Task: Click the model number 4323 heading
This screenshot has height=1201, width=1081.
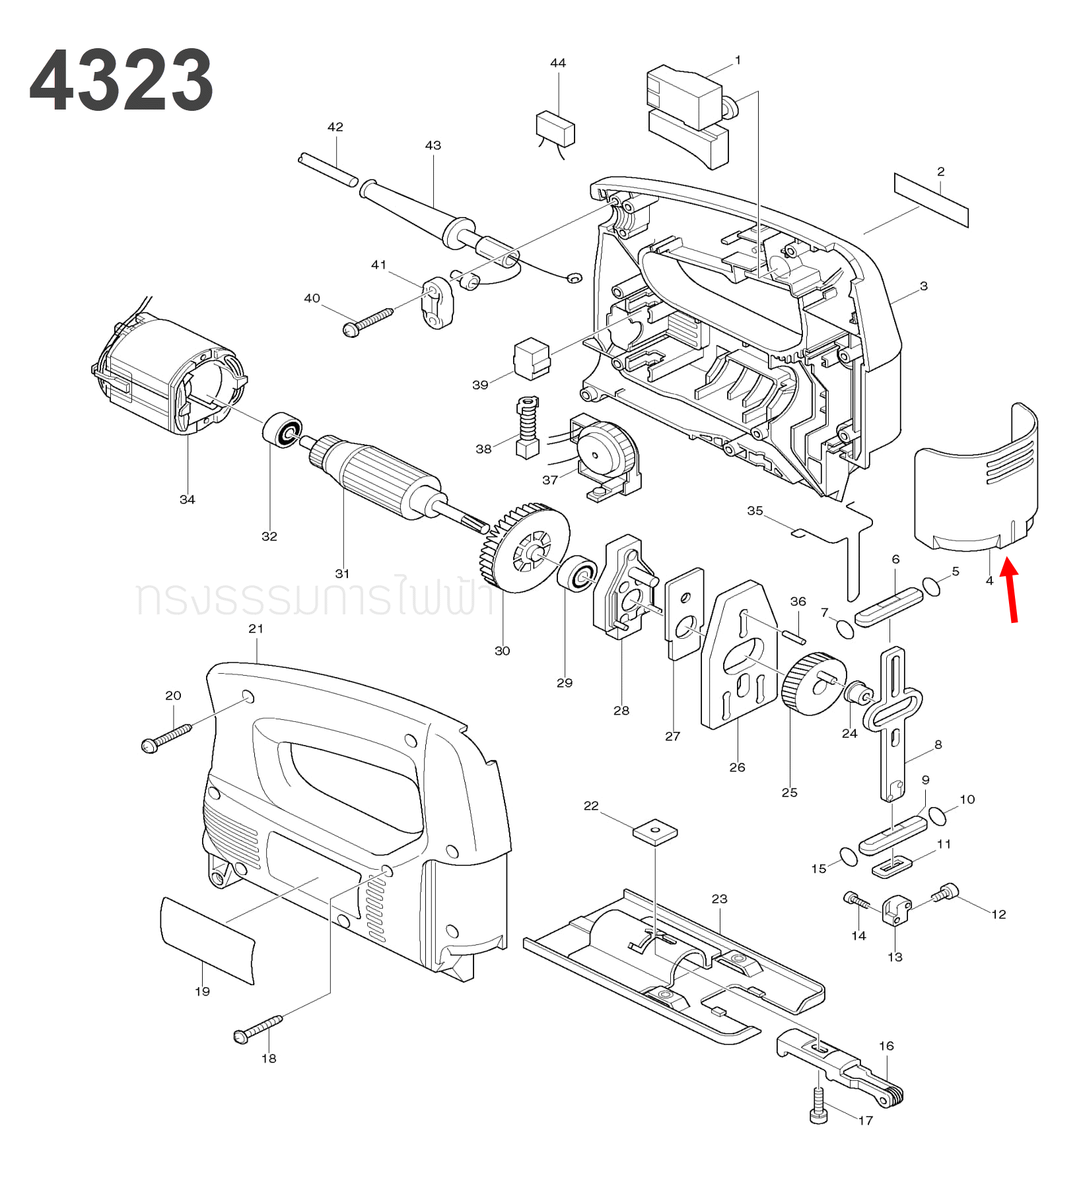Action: (122, 81)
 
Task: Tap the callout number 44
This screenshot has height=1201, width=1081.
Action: (558, 63)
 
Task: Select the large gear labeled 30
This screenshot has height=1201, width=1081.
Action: (526, 547)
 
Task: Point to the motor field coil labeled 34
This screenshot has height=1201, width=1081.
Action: (170, 377)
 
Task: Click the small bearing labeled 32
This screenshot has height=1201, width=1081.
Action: (283, 430)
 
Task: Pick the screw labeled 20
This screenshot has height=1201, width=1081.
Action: (166, 738)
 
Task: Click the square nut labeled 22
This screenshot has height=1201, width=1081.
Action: (655, 831)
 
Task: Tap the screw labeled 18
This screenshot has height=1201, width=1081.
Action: (258, 1029)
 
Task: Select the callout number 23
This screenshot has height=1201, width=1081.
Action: (719, 898)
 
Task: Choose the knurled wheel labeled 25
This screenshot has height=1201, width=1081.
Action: (812, 684)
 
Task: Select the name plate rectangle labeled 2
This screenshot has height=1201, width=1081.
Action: (931, 200)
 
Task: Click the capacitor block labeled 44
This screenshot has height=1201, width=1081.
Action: (555, 129)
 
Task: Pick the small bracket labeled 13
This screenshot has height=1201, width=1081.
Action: (895, 911)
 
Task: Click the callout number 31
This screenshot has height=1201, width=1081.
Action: (342, 573)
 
